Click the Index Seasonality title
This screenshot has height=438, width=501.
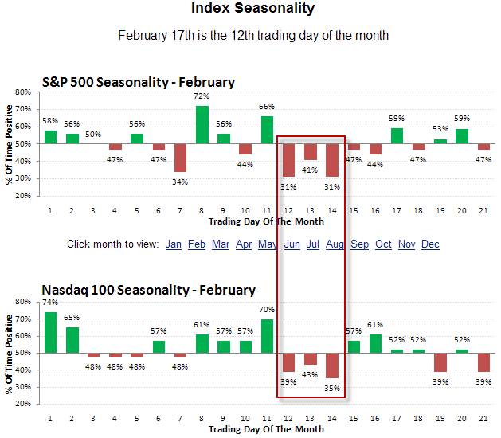pyautogui.click(x=252, y=9)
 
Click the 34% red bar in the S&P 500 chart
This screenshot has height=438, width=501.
pyautogui.click(x=181, y=158)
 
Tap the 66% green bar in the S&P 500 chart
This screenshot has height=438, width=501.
pyautogui.click(x=267, y=131)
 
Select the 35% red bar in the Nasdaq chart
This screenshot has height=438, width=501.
pyautogui.click(x=332, y=366)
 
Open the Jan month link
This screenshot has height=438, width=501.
pyautogui.click(x=174, y=244)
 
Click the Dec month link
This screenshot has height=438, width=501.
pyautogui.click(x=430, y=244)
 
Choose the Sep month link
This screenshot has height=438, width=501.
pyautogui.click(x=360, y=244)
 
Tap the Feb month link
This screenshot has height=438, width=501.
pyautogui.click(x=197, y=244)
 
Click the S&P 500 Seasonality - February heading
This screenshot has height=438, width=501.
pyautogui.click(x=138, y=82)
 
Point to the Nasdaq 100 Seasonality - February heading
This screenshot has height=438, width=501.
pyautogui.click(x=148, y=290)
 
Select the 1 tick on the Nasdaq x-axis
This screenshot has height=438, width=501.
pyautogui.click(x=50, y=417)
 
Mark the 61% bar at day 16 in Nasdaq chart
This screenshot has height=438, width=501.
pyautogui.click(x=375, y=344)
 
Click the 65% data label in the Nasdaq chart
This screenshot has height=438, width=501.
pyautogui.click(x=72, y=317)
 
